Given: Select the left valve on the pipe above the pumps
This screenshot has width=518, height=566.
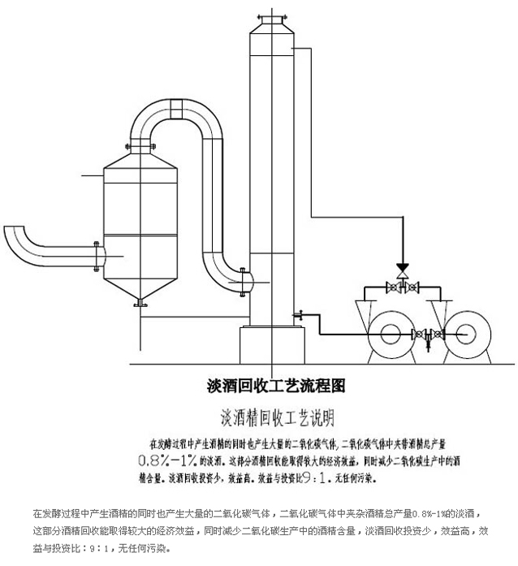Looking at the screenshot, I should pos(394,287).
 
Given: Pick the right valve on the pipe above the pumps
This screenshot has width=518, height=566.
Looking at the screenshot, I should pos(412,287).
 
